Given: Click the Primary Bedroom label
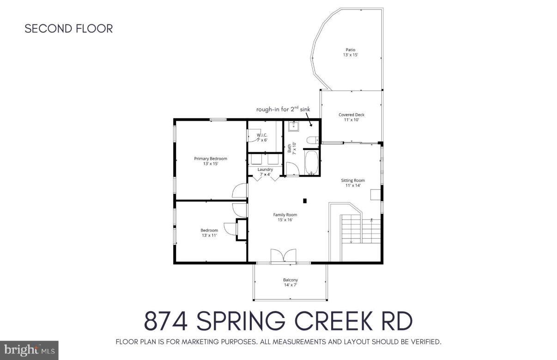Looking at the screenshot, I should [x=210, y=158].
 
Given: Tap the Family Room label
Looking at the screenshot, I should [x=285, y=215].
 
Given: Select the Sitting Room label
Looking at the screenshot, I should [x=353, y=180].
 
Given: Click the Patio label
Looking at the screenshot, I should [x=351, y=50].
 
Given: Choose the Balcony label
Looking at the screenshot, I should [x=290, y=280].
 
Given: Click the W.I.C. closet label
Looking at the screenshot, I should [x=262, y=135].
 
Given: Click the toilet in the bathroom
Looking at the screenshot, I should [x=311, y=140].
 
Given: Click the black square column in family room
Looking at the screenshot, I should [x=305, y=200].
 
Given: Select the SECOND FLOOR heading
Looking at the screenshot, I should [x=68, y=29].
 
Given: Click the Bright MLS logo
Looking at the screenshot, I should [x=29, y=350].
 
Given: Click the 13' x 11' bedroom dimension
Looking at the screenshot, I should [x=209, y=235].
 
